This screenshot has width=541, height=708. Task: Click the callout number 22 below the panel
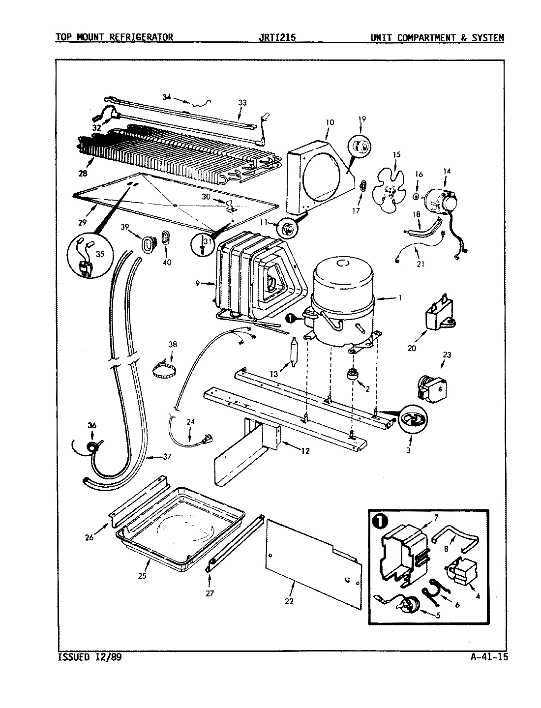[x=289, y=601]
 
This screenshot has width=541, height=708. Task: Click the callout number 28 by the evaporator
[x=82, y=174]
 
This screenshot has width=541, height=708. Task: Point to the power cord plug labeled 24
[x=208, y=438]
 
